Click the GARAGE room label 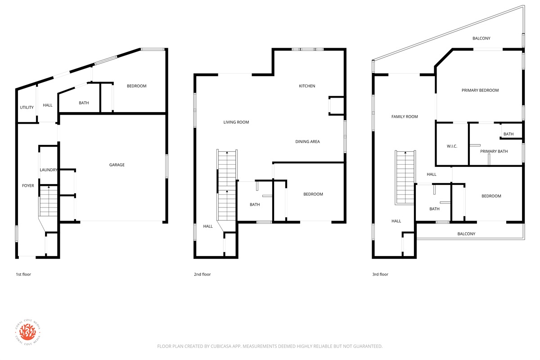(x=117, y=165)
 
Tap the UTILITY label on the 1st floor (x=27, y=108)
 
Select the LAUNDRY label (x=49, y=170)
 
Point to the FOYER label (x=28, y=186)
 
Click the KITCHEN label (x=307, y=86)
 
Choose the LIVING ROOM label (x=236, y=122)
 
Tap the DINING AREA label (x=307, y=142)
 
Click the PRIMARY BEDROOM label (x=480, y=90)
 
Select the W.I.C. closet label (x=452, y=146)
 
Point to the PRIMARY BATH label (x=494, y=152)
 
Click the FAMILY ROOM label (x=405, y=117)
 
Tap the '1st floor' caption (x=23, y=274)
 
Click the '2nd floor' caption (x=202, y=274)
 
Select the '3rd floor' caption (x=380, y=274)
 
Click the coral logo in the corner (x=28, y=332)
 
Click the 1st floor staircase (x=48, y=201)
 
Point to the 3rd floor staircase (x=405, y=177)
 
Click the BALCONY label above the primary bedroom (x=481, y=38)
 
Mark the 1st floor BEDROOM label (x=136, y=86)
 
